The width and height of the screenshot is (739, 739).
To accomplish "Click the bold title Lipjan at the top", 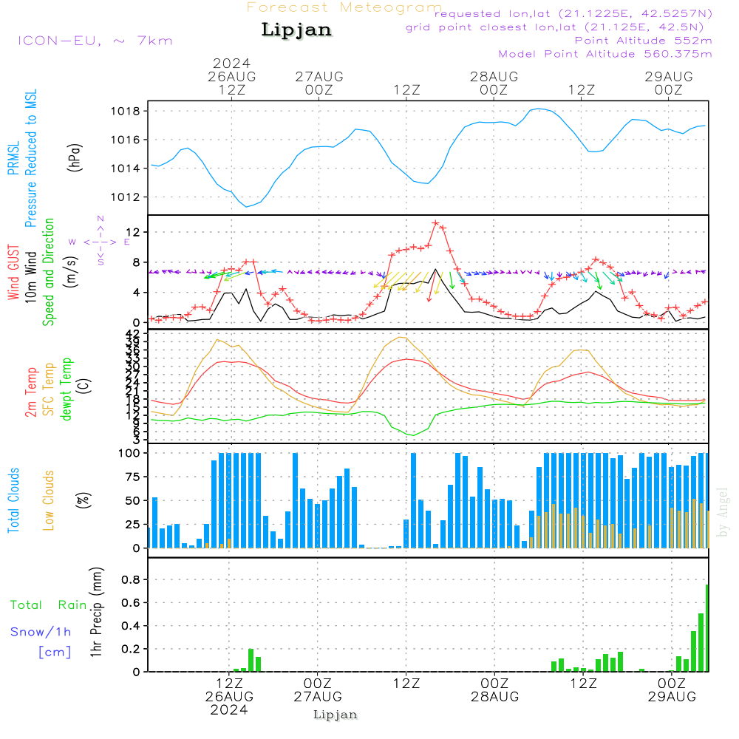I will (296, 30).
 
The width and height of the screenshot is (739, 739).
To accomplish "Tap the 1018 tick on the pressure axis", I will (130, 112).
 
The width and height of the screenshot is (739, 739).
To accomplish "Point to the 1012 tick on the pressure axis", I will (130, 197).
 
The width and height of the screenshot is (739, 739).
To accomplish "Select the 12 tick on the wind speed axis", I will (135, 232).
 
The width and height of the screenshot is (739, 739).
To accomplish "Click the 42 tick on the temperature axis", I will (137, 334).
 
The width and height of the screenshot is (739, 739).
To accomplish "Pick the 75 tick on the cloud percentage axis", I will (134, 477).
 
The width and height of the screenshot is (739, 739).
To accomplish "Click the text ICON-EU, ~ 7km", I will (95, 41).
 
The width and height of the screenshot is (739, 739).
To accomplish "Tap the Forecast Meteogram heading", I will (344, 7).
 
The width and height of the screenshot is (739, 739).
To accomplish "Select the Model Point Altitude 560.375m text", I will (605, 54).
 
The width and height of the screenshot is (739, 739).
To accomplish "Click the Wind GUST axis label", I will (14, 273).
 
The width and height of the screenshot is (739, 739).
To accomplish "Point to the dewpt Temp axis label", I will (67, 390).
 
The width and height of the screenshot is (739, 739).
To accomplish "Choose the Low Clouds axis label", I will (49, 500).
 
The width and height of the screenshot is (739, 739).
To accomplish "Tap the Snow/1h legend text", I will (41, 632).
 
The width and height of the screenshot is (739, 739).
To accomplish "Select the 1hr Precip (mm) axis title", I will (96, 613).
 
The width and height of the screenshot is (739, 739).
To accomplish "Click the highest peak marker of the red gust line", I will (436, 223).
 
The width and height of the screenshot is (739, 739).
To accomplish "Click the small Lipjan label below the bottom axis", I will (336, 715).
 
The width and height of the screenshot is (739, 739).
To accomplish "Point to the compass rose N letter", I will (101, 219).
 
